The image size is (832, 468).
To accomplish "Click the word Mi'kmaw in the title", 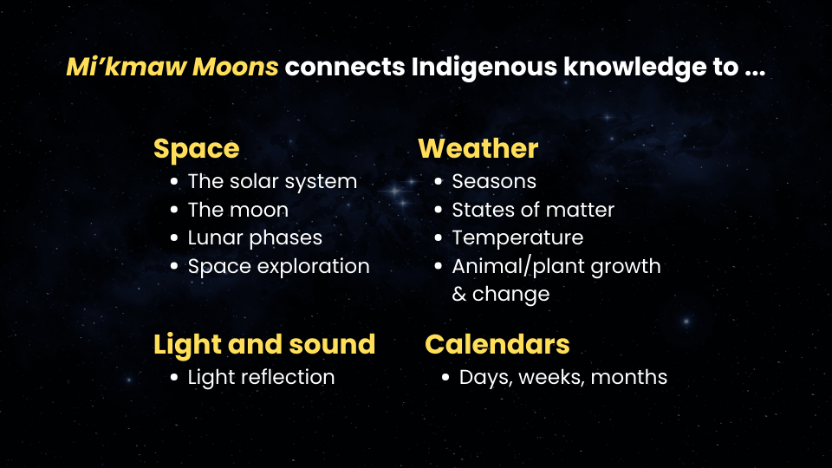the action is [127, 67].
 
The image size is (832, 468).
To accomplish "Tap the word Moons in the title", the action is [235, 67].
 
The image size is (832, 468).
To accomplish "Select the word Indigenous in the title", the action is [484, 68].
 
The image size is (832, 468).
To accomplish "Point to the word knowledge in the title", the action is [651, 68].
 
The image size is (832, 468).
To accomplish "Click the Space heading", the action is [197, 149].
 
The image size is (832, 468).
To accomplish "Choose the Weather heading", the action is [478, 148].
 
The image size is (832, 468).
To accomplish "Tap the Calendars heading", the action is [497, 344].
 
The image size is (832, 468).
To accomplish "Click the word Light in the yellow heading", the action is [187, 345].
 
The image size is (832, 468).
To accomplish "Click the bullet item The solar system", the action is [272, 181].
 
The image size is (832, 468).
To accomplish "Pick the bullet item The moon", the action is [237, 210].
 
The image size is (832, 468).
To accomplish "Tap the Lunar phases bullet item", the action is [255, 237].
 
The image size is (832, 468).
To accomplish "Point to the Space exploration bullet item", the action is [278, 266].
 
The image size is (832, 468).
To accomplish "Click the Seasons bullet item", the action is [494, 181].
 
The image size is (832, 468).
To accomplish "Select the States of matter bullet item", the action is [533, 210].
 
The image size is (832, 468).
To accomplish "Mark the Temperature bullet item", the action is [517, 238].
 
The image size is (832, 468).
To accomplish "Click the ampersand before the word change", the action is [459, 294].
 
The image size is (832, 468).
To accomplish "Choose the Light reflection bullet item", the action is [261, 377].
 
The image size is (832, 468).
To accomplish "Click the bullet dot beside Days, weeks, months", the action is [445, 377].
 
